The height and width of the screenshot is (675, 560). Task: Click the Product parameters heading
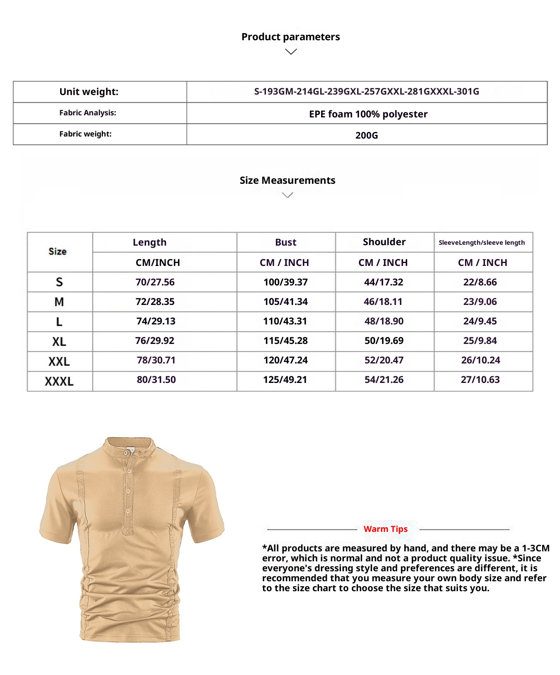click(x=290, y=37)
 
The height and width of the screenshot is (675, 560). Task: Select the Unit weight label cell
click(x=89, y=92)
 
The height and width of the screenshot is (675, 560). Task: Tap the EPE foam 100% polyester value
click(x=368, y=114)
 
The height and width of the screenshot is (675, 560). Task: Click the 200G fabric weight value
click(x=367, y=135)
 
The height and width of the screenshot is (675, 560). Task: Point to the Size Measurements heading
click(x=287, y=180)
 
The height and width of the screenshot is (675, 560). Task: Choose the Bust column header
click(x=286, y=242)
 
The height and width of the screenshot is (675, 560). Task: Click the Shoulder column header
click(x=384, y=242)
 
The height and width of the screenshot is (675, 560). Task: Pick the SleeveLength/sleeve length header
click(x=482, y=243)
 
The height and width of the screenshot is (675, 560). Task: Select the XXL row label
click(x=59, y=361)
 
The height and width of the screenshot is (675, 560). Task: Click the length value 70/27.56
click(x=155, y=282)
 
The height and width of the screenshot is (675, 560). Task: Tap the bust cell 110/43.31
click(x=285, y=321)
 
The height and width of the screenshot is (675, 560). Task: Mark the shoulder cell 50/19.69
click(x=384, y=341)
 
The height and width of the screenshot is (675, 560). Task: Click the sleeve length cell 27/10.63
click(x=480, y=380)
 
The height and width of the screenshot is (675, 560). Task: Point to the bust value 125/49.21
click(x=285, y=380)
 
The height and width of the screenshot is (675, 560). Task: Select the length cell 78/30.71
click(x=156, y=360)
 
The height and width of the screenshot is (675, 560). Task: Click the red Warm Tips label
click(x=385, y=529)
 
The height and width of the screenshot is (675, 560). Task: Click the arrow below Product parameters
click(x=291, y=52)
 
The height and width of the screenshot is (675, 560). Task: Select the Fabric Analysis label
click(x=88, y=113)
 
